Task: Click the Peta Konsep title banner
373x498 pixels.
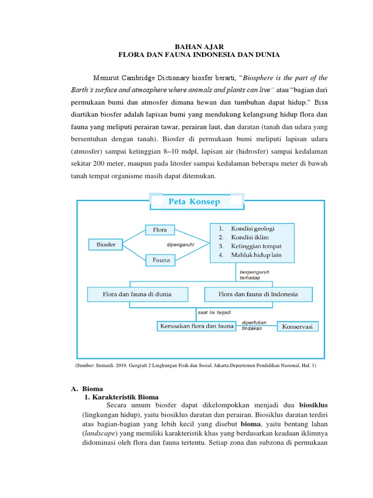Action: [194, 201]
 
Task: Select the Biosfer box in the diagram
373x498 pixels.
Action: [105, 245]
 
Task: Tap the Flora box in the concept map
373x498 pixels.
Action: [160, 229]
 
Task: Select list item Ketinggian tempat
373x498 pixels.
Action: [256, 246]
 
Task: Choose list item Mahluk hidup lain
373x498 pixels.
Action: [256, 255]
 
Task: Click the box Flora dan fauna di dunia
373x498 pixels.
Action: [137, 294]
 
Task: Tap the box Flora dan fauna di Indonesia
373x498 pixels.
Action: [258, 294]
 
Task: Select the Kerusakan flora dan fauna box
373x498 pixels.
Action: [196, 326]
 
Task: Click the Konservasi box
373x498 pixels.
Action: [298, 327]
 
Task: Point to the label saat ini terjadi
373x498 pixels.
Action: [215, 311]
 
